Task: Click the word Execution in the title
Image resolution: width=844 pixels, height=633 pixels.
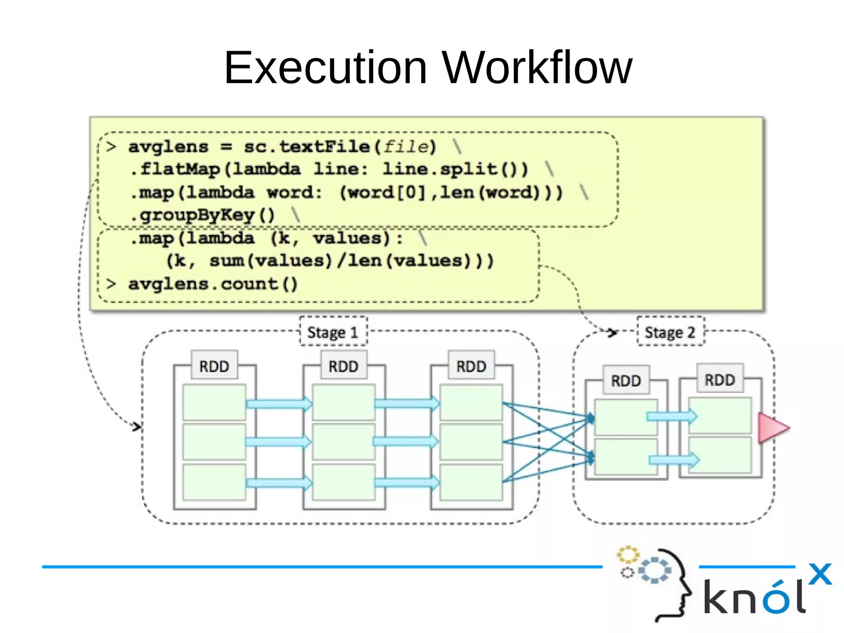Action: [x=325, y=68]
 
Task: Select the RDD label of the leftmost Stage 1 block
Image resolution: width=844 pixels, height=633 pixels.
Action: [x=214, y=366]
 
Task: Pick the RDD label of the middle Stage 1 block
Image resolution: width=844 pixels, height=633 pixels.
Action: [x=343, y=366]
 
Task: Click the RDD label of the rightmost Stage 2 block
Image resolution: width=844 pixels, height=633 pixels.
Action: [x=720, y=379]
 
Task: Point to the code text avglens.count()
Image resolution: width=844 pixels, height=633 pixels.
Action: [x=213, y=284]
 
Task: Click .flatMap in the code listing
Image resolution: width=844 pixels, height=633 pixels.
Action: [x=175, y=169]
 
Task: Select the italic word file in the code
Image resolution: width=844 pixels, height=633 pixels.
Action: [x=406, y=147]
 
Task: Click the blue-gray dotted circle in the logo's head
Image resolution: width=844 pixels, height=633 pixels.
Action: [x=654, y=570]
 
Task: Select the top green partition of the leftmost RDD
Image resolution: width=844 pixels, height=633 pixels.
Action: [x=214, y=402]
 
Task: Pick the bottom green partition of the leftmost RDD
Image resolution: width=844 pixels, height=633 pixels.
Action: [x=214, y=482]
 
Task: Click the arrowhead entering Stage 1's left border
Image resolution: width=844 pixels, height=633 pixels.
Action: [x=137, y=426]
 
